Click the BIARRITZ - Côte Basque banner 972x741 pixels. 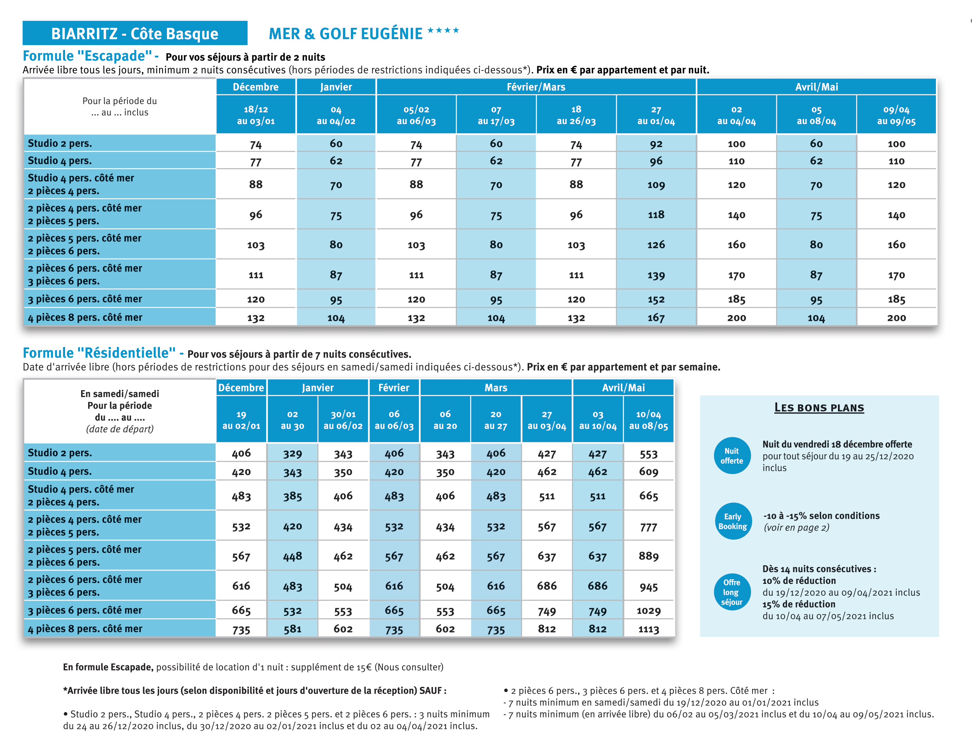click(x=134, y=33)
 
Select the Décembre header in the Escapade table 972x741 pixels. click(x=256, y=87)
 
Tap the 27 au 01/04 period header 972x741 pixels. click(x=656, y=115)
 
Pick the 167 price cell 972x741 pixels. click(x=656, y=317)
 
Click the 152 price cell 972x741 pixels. click(x=656, y=299)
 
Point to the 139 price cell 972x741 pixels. click(x=656, y=275)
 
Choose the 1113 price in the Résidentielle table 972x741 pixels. click(x=648, y=629)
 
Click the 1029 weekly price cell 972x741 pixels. click(x=648, y=611)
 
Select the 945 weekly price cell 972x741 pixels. click(x=648, y=586)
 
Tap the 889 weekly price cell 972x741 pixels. click(x=648, y=556)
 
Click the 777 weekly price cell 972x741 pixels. click(x=648, y=526)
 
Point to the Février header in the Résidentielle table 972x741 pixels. click(x=394, y=387)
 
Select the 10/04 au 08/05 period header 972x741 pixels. click(x=648, y=419)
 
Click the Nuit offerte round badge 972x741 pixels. click(x=732, y=456)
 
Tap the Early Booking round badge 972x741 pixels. click(x=733, y=521)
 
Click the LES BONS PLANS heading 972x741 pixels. click(x=819, y=407)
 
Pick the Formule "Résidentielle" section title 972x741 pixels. click(x=99, y=352)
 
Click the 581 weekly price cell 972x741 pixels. click(x=292, y=629)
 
